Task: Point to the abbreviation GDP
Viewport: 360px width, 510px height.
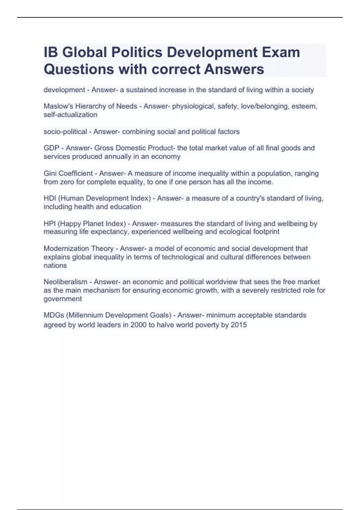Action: pyautogui.click(x=51, y=148)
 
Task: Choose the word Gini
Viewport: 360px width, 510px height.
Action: pyautogui.click(x=50, y=173)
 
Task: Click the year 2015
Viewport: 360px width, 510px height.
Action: pyautogui.click(x=238, y=325)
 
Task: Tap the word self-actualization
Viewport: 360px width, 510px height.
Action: pyautogui.click(x=70, y=115)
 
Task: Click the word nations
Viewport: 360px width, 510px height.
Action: pyautogui.click(x=55, y=265)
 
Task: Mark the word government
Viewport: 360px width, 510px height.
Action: pyautogui.click(x=63, y=299)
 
